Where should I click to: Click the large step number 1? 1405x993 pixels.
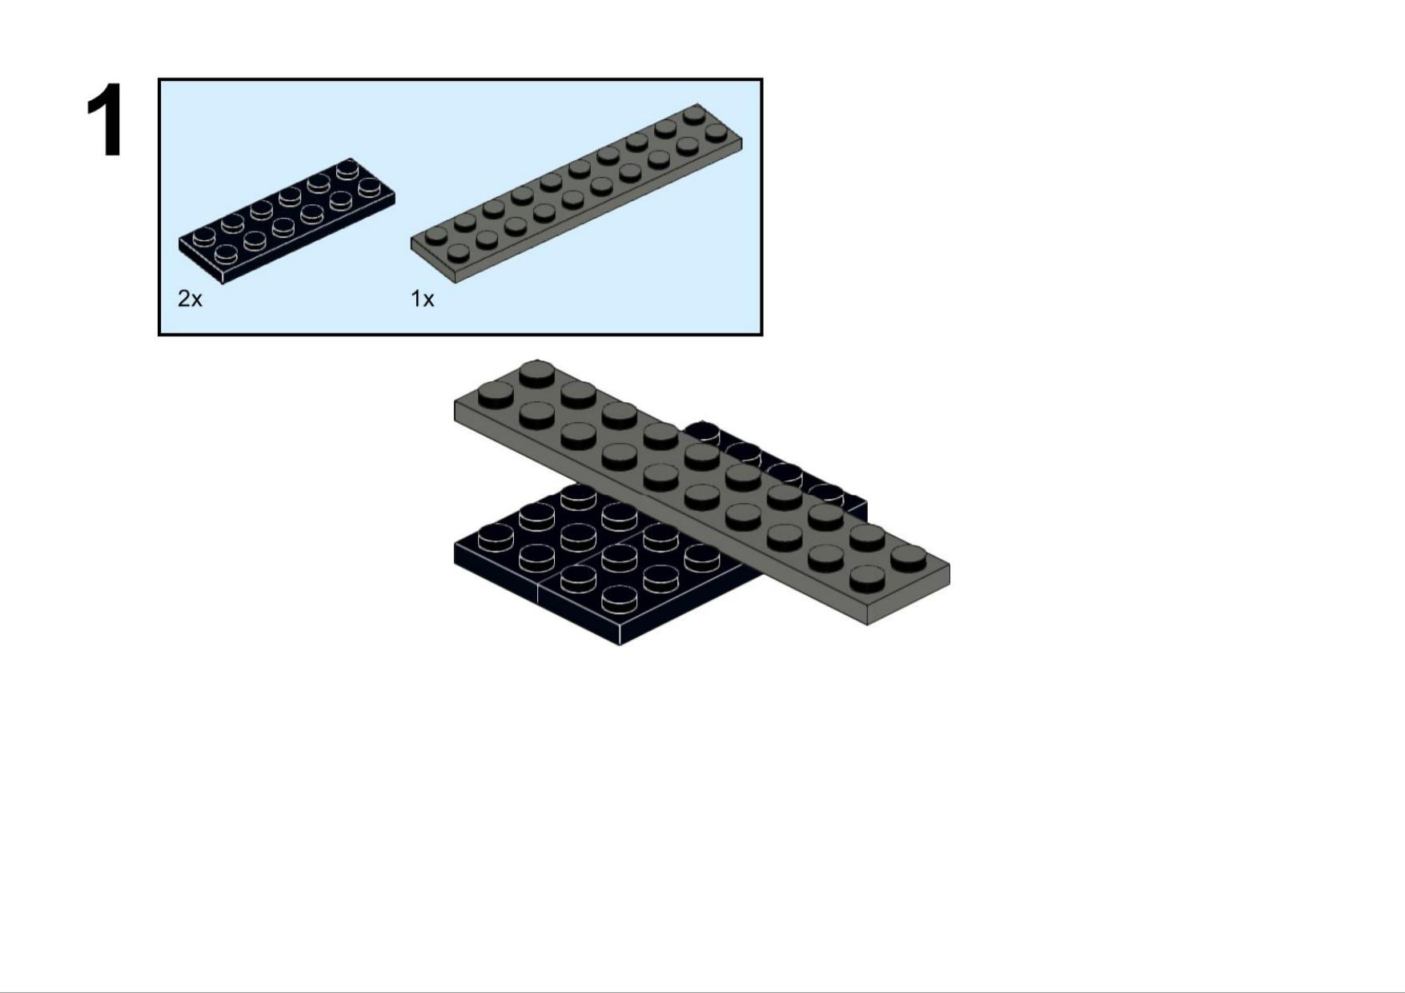[x=106, y=120]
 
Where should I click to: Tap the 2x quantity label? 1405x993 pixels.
[x=190, y=299]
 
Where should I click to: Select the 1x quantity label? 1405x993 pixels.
[x=422, y=299]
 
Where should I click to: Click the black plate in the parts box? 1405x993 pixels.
[x=287, y=220]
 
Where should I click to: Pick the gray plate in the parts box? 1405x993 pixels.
[x=576, y=193]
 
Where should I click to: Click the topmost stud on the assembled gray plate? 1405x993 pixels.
[x=536, y=373]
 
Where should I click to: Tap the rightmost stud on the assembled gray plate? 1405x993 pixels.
[x=908, y=557]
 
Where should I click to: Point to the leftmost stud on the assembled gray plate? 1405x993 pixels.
[x=496, y=394]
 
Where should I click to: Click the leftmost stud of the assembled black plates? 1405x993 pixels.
[x=496, y=537]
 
